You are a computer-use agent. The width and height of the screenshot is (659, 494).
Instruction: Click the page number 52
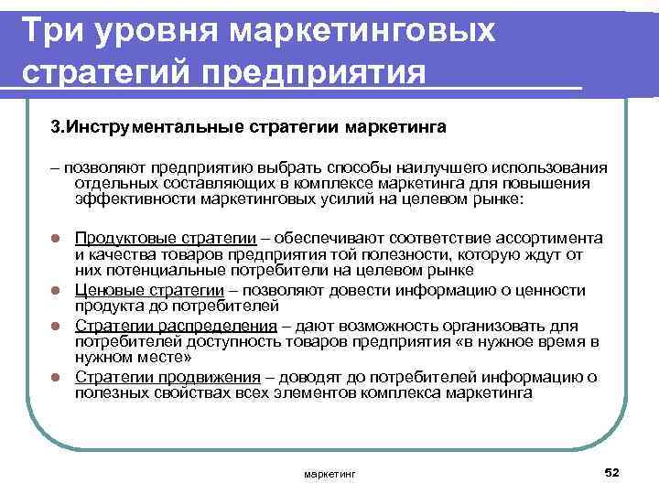(x=612, y=470)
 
